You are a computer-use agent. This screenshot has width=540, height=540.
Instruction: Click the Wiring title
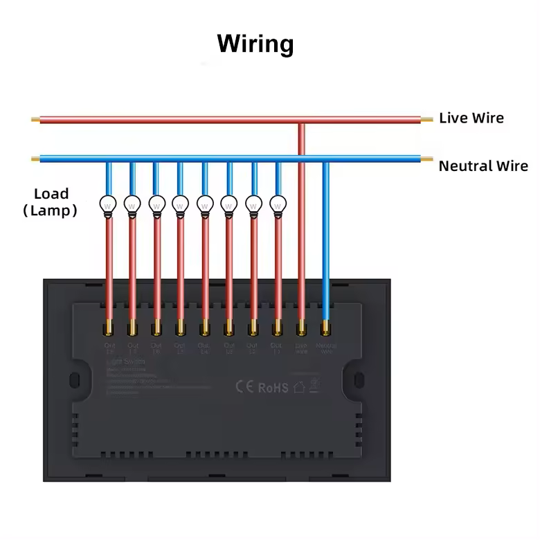[255, 43]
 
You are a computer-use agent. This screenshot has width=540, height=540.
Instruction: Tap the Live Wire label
[471, 118]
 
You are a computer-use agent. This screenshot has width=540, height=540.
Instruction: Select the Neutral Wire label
[483, 166]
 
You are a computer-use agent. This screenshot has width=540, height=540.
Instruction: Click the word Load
[51, 194]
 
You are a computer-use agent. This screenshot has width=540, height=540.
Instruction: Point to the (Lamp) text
[50, 210]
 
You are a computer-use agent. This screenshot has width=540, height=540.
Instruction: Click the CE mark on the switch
[244, 386]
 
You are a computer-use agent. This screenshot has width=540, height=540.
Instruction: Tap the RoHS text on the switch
[273, 388]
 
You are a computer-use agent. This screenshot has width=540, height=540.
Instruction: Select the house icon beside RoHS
[299, 387]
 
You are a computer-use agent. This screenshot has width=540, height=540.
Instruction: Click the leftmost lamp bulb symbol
[108, 205]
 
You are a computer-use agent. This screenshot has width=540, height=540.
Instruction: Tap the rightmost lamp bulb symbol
[278, 205]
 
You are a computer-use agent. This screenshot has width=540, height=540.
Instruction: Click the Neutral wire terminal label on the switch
[326, 348]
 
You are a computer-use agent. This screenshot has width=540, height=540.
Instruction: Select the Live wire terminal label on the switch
[301, 348]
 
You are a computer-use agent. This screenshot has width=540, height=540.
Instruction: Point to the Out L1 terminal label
[276, 348]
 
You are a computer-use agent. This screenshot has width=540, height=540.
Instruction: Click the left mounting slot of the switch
[75, 380]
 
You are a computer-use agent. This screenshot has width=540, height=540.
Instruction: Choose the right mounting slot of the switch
[359, 380]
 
